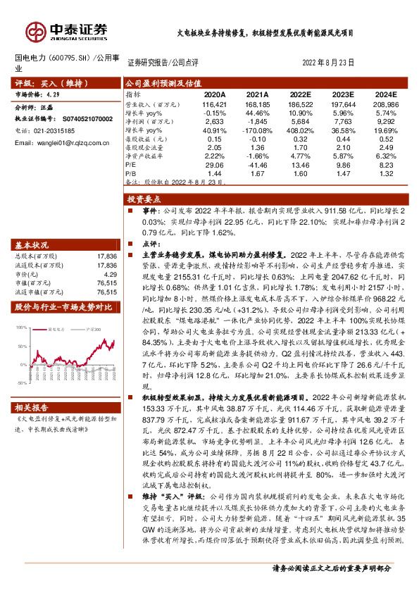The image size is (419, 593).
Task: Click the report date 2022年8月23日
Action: (x=329, y=62)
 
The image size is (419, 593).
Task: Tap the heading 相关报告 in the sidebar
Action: (x=32, y=408)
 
